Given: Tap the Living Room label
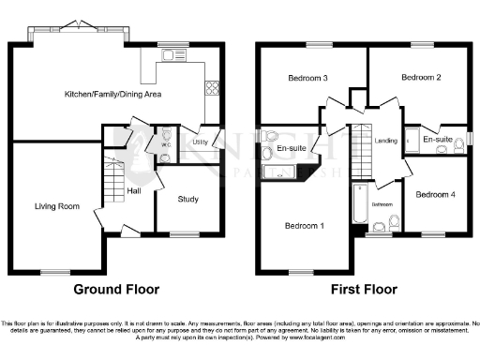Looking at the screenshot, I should [x=57, y=205].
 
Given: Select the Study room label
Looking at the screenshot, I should [x=187, y=198].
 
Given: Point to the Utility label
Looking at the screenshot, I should [x=200, y=142].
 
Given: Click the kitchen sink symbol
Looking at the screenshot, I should [x=170, y=57].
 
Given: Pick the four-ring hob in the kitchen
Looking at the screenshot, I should [x=213, y=90].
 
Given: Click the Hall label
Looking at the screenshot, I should [x=134, y=192].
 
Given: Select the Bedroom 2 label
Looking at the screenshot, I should [x=420, y=79].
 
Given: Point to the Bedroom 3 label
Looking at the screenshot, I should [x=306, y=79].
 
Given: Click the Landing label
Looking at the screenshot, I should [x=385, y=141].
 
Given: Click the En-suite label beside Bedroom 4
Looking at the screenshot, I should [x=438, y=140].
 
